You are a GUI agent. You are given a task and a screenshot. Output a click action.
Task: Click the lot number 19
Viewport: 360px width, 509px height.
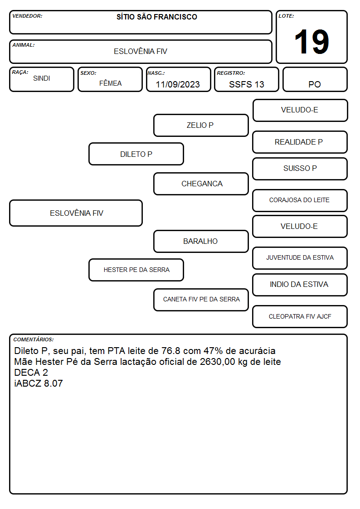(x=311, y=42)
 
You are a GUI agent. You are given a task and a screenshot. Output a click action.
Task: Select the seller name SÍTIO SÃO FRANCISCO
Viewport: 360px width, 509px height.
(x=157, y=17)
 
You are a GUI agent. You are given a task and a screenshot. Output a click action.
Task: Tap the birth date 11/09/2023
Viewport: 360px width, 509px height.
(x=178, y=84)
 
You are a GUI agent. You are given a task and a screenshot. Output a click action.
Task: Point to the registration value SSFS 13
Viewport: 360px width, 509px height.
(x=246, y=84)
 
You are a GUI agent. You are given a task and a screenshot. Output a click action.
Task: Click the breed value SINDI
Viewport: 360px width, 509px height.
(x=42, y=78)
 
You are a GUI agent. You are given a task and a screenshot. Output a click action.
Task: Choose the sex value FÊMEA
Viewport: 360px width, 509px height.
(x=110, y=83)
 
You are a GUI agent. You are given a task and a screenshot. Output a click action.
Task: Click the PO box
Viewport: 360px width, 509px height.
(x=315, y=79)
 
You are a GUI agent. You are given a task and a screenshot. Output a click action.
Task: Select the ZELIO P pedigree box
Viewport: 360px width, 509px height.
(x=201, y=125)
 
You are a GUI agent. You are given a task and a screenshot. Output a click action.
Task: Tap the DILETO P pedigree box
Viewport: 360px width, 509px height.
(x=136, y=154)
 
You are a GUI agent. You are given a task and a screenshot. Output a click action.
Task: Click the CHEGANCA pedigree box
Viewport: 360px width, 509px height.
(x=201, y=184)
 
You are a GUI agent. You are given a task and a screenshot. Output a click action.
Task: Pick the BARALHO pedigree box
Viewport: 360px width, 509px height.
(x=201, y=241)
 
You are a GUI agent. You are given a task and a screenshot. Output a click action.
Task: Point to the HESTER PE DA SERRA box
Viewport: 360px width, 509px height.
(x=136, y=270)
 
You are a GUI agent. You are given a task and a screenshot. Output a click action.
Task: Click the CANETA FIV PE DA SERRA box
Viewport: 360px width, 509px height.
(x=201, y=300)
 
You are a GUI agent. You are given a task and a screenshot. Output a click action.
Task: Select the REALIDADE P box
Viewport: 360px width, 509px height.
(x=300, y=142)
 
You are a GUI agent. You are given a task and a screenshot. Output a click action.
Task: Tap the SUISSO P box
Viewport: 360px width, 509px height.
(x=300, y=169)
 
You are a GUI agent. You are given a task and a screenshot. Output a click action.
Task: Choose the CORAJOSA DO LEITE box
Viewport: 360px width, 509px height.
(x=300, y=200)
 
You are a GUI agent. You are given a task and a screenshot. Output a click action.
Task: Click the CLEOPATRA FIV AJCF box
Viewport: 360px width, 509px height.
(x=300, y=316)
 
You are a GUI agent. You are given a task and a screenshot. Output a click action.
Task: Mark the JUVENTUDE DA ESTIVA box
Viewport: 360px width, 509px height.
(x=300, y=258)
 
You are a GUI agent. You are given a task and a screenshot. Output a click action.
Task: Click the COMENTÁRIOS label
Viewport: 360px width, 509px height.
(x=34, y=339)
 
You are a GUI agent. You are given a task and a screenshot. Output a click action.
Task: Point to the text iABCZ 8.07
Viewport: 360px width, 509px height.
(x=38, y=383)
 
